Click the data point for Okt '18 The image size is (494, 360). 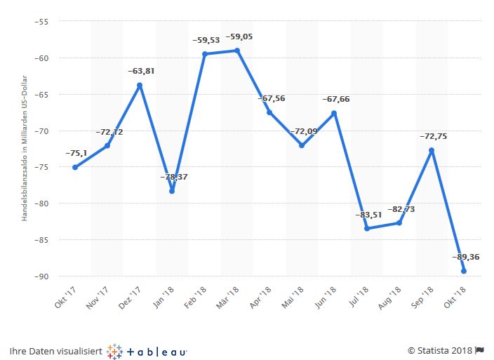coord(464,271)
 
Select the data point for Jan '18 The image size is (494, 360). coord(172,191)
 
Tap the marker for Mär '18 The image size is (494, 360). coord(237,51)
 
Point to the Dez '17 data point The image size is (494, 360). coord(140,85)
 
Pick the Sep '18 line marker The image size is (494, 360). coord(432,150)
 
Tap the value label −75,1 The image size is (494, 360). coord(76,154)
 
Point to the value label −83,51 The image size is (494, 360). coord(369,215)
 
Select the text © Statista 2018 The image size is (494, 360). coord(439,350)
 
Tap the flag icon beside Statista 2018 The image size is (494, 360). coord(481,350)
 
